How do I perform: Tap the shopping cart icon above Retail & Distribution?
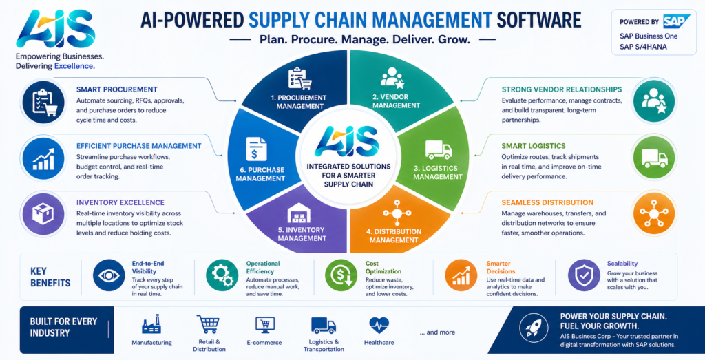[x=207, y=324]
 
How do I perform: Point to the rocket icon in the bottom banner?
[x=535, y=329]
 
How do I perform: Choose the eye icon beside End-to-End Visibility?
[x=109, y=275]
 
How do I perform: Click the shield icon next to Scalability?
[x=584, y=275]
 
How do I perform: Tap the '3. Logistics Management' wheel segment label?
[x=438, y=172]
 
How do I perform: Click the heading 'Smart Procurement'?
[x=117, y=89]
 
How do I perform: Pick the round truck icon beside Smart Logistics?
[x=649, y=157]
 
